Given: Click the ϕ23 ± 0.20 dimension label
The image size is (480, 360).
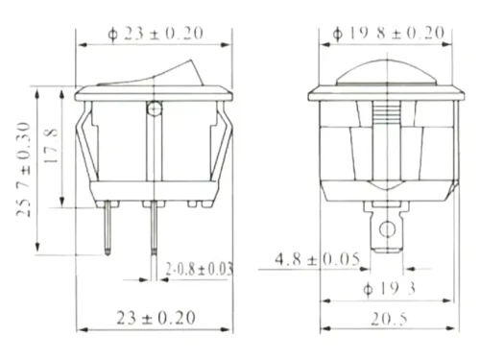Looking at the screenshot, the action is [x=156, y=34].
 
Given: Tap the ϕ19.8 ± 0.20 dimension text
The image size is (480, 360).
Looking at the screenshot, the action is [x=389, y=33].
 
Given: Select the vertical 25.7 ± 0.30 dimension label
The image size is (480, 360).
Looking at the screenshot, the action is [x=23, y=169].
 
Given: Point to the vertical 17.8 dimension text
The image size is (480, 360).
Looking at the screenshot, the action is [x=51, y=146].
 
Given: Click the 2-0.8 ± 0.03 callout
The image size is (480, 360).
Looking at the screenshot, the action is [x=199, y=269].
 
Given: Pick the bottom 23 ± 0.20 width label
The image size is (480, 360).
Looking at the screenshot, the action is [x=156, y=318].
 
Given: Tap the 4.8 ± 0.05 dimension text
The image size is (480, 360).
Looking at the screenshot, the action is [x=318, y=259].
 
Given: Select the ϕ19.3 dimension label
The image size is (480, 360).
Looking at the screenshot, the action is [x=390, y=289].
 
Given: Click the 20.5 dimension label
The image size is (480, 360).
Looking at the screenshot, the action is [x=389, y=319].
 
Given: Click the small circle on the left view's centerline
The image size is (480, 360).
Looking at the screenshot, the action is [x=155, y=108].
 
